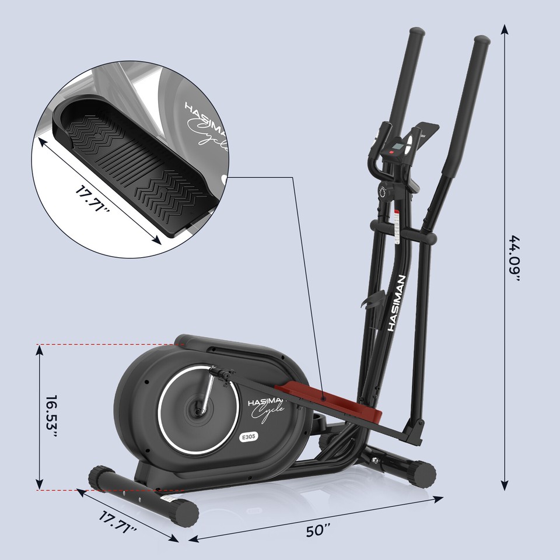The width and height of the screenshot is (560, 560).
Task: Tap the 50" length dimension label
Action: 318,531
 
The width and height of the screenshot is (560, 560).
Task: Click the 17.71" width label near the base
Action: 117,523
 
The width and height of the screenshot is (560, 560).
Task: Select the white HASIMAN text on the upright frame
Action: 400,303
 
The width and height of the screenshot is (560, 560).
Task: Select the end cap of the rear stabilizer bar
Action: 425,471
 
